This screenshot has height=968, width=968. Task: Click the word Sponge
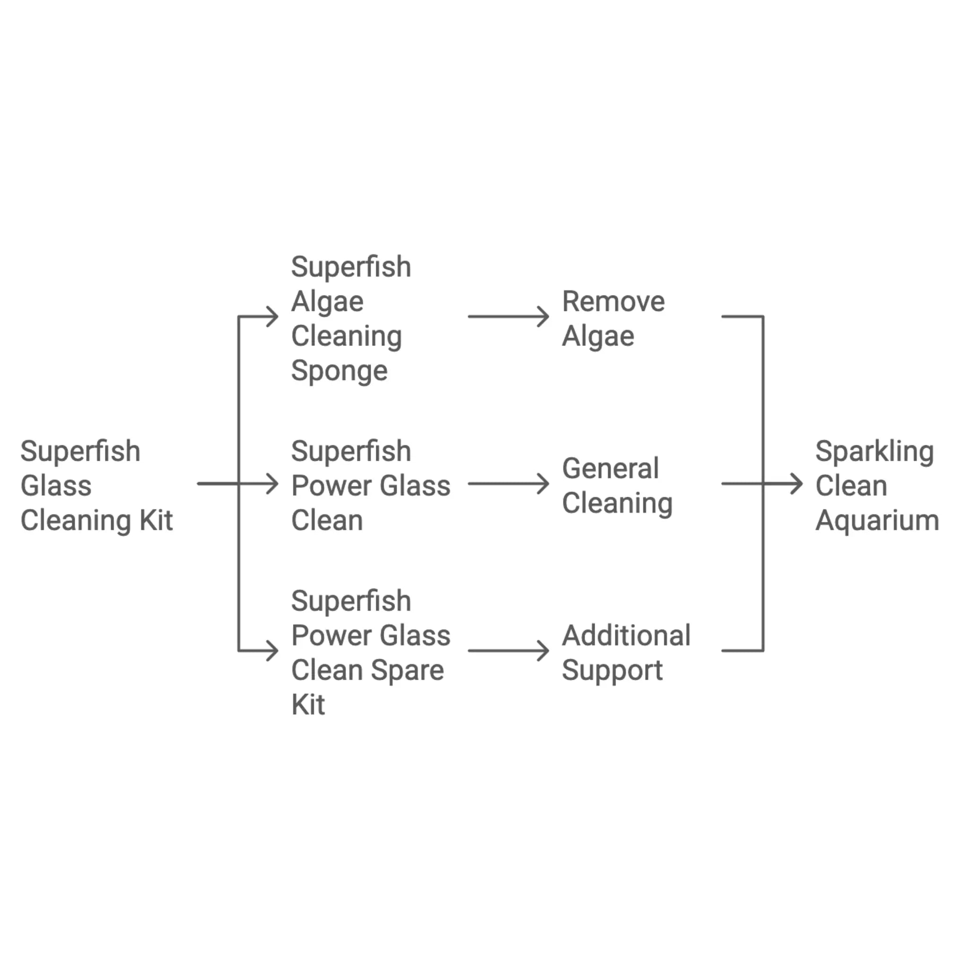click(339, 371)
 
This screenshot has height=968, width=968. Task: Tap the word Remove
click(613, 302)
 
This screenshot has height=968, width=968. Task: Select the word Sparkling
click(874, 452)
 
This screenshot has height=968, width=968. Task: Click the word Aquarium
click(877, 521)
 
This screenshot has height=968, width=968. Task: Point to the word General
click(610, 469)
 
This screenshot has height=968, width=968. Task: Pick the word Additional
click(626, 636)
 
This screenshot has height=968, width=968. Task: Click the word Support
click(612, 670)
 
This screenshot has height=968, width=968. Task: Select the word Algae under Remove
click(598, 336)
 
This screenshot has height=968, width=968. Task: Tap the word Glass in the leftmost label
click(56, 486)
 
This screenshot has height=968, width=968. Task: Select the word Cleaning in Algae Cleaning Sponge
click(346, 336)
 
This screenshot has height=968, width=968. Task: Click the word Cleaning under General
click(617, 503)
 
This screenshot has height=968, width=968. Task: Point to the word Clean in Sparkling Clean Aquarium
click(851, 486)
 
